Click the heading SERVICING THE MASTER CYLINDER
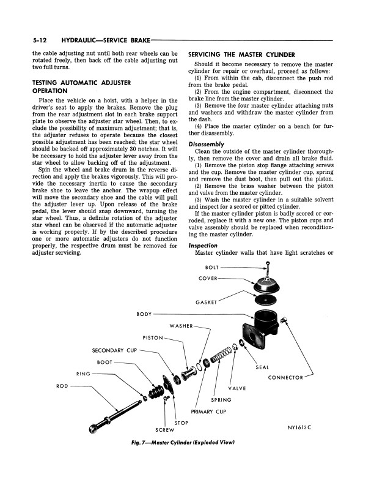(242, 55)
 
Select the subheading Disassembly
(205, 145)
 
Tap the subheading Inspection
(202, 245)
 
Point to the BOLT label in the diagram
(211, 268)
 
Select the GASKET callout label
(206, 302)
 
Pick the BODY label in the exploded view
(144, 314)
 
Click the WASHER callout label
(182, 326)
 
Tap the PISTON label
(153, 337)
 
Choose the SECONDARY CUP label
(114, 350)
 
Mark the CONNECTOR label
(285, 377)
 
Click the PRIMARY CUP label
(208, 412)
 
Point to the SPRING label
(221, 400)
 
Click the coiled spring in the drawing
(221, 355)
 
